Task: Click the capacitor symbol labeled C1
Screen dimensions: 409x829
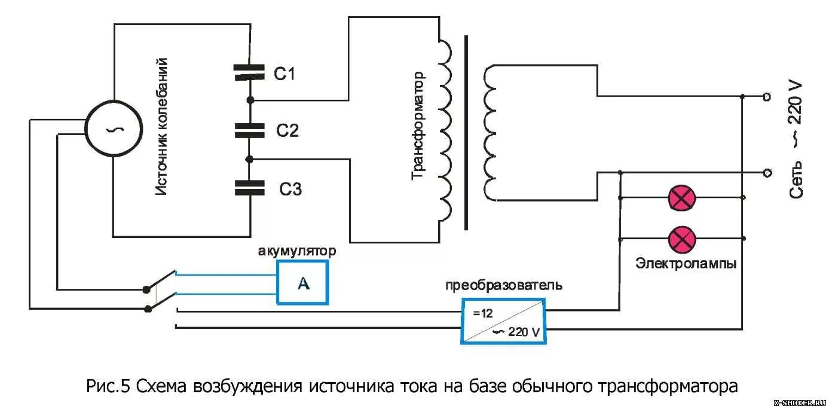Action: [x=249, y=73]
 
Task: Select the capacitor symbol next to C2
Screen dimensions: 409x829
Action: [x=249, y=130]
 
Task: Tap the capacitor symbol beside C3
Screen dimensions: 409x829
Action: [x=249, y=188]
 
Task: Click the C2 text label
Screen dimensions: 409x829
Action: [x=287, y=131]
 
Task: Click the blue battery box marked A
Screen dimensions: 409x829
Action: [x=302, y=282]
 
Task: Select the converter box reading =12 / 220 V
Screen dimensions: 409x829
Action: [x=504, y=321]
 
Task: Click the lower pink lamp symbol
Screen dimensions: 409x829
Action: [x=681, y=239]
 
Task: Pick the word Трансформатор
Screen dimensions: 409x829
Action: [x=418, y=126]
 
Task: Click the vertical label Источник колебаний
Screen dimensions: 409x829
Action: [x=161, y=127]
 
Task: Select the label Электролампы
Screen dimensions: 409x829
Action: [x=686, y=264]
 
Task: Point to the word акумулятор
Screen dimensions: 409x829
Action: [x=296, y=251]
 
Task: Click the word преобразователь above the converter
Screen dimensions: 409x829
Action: [x=503, y=285]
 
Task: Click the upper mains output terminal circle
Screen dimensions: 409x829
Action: [x=767, y=96]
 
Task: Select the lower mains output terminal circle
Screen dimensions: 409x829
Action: [x=767, y=173]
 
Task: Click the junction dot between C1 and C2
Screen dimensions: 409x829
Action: [x=250, y=99]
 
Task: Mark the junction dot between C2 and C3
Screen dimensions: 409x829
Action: [x=250, y=159]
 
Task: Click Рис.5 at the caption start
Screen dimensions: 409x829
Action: [x=108, y=386]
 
